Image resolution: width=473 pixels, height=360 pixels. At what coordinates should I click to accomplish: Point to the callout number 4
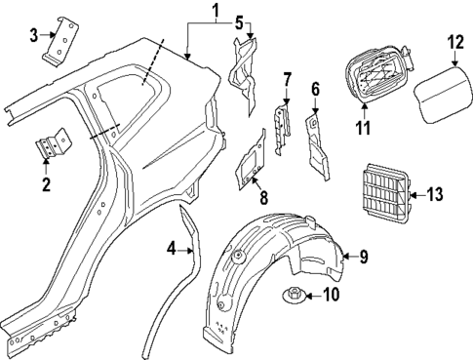click(172, 250)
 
